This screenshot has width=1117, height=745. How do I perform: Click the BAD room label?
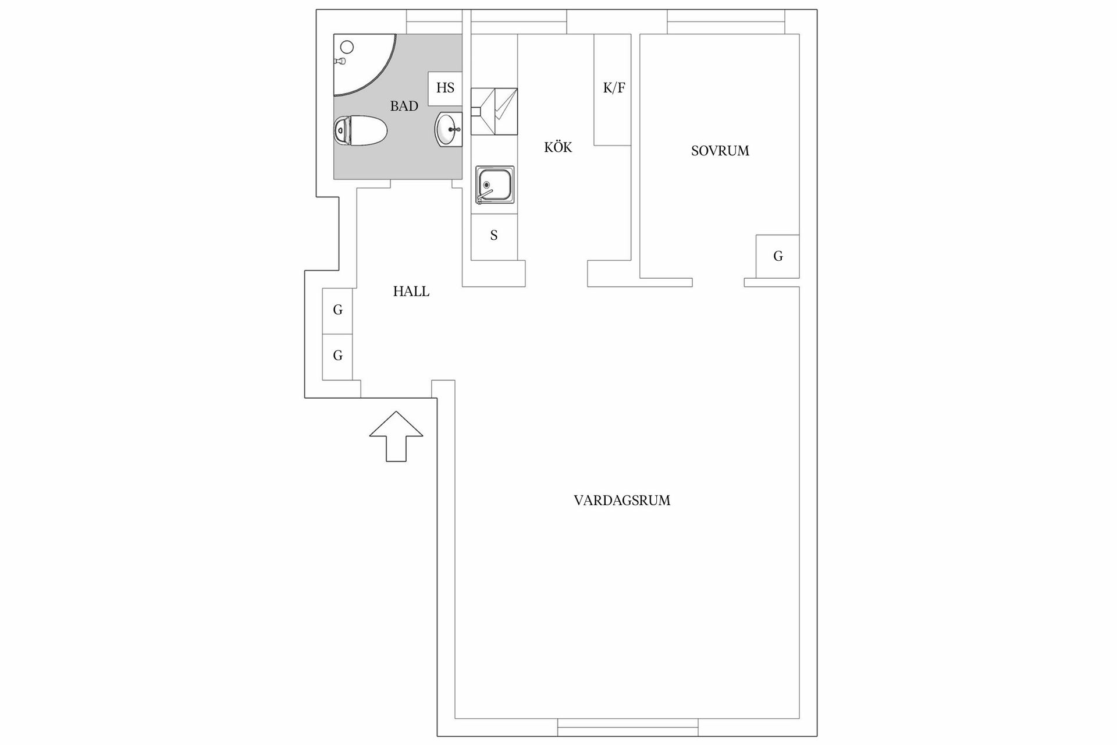pos(404,106)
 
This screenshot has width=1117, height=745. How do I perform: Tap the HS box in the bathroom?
pos(445,88)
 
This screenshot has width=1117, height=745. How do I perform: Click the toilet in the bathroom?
pos(360,130)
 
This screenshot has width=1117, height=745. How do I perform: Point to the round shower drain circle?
pos(347,47)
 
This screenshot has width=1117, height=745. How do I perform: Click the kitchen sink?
pos(495,185)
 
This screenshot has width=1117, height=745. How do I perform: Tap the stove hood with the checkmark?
pos(494,111)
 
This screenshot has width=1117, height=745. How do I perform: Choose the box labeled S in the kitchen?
pos(494,236)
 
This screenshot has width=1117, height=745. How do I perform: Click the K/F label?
pos(614,88)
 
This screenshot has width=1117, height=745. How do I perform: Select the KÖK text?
pos(558,148)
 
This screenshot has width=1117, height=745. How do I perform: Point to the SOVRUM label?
pos(720,151)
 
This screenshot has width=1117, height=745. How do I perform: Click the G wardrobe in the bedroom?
pos(777,256)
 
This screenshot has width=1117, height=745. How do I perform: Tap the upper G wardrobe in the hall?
pos(337,310)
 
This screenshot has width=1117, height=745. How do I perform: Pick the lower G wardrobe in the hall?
pos(337,356)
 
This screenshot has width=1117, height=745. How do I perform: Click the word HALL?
pos(411,292)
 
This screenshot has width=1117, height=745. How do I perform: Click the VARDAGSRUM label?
pos(622,501)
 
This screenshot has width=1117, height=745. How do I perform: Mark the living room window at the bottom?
pos(628,727)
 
